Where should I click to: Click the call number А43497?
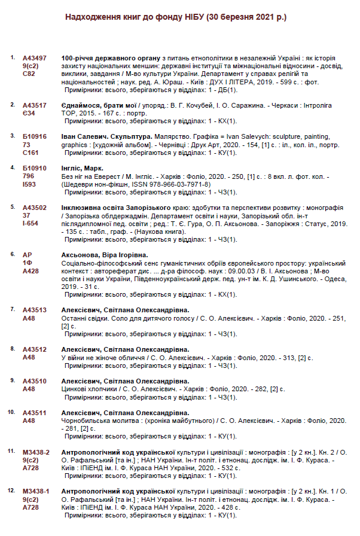click(x=35, y=57)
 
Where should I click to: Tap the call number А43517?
click(x=35, y=105)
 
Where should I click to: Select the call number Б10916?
click(x=35, y=136)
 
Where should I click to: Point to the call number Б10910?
click(x=35, y=168)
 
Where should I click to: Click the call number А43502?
click(x=35, y=207)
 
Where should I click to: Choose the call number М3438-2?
click(x=36, y=452)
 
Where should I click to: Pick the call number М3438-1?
click(x=36, y=491)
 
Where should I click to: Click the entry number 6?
click(x=13, y=254)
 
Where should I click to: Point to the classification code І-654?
click(x=30, y=223)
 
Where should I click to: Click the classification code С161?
click(x=30, y=152)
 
